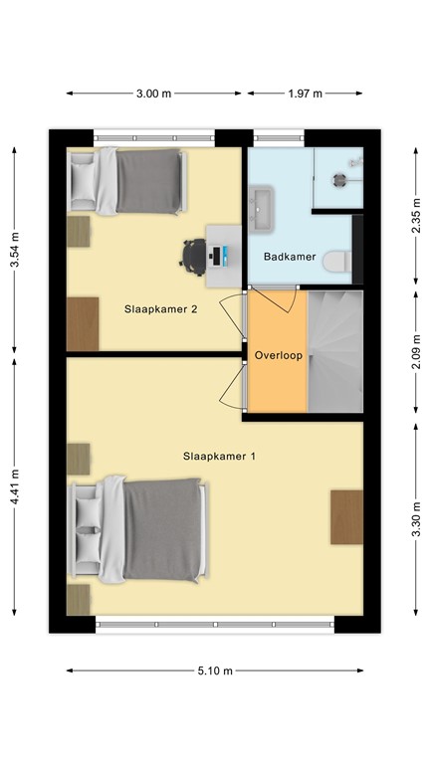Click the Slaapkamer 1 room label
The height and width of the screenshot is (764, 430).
[219, 457]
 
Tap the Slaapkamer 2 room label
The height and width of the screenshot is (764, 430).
[160, 308]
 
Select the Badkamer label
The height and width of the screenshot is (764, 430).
[290, 257]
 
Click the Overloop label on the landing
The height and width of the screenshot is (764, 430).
[278, 355]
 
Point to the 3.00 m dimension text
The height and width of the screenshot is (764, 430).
[153, 94]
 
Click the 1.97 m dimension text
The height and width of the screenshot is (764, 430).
[305, 94]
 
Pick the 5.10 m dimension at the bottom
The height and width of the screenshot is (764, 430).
[214, 671]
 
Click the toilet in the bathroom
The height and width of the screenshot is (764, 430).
[335, 261]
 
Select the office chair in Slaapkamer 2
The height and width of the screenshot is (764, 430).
[193, 256]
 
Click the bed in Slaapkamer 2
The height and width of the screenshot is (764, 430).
[127, 181]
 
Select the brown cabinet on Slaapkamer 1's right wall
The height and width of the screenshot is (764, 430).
[346, 516]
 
